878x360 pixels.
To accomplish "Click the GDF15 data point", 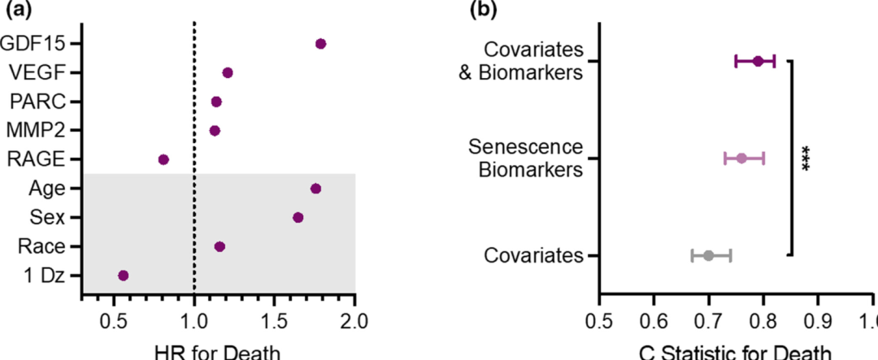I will click(x=320, y=43).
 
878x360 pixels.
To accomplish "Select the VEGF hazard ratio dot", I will click(x=228, y=72).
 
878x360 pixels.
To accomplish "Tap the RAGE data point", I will click(x=163, y=159).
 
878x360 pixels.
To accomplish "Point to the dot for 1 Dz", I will click(x=124, y=275).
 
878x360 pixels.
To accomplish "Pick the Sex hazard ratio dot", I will click(x=298, y=217).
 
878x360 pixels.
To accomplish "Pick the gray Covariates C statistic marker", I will click(x=708, y=255).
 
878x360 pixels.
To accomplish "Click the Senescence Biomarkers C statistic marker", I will click(x=741, y=158).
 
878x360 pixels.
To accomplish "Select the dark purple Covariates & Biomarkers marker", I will click(x=758, y=61).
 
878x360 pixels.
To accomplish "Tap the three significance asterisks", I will click(x=806, y=158).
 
